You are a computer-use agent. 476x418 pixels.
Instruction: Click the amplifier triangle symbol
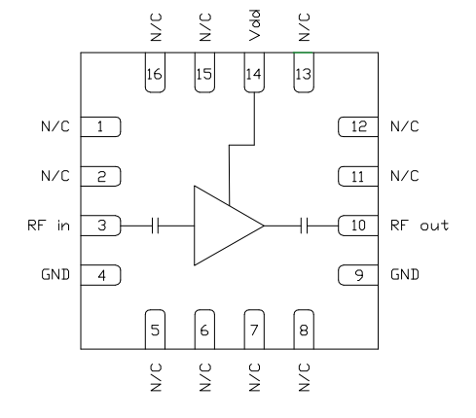point(223,226)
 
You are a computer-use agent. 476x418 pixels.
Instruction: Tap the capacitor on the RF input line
point(155,226)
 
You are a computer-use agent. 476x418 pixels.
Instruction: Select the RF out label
point(420,226)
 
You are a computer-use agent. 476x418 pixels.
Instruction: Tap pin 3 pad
point(101,226)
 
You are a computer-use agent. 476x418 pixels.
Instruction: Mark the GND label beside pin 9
point(404,275)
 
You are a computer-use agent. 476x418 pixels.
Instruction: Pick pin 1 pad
point(101,126)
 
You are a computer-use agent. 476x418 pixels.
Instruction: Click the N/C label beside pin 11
point(404,176)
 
